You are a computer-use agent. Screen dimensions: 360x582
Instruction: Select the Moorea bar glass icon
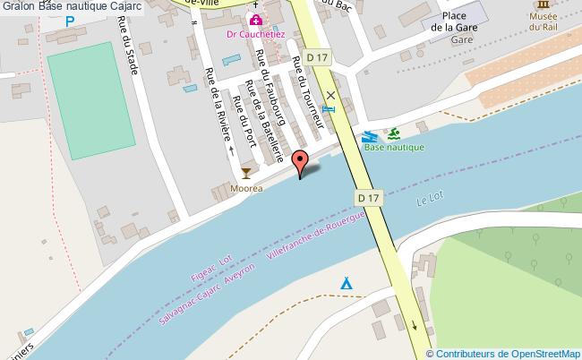click(246, 172)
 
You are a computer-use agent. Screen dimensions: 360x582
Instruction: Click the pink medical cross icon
click(256, 20)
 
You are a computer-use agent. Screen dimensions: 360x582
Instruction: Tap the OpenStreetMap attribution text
click(509, 354)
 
